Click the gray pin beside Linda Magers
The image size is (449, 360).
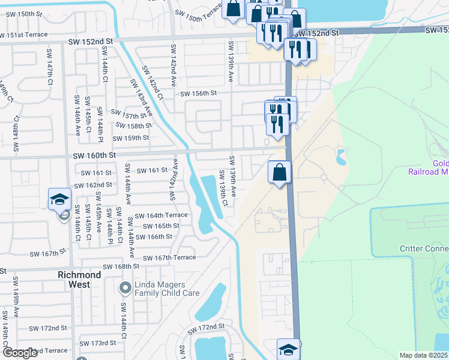click(125, 289)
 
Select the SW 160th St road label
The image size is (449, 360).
click(94, 155)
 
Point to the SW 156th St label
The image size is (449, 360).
click(197, 94)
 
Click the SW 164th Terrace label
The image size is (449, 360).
click(161, 215)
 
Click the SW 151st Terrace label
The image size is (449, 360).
click(23, 34)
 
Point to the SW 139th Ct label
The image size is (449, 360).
click(223, 194)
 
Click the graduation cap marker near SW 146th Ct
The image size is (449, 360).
click(60, 199)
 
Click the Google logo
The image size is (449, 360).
click(20, 352)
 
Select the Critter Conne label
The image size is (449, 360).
click(424, 248)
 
